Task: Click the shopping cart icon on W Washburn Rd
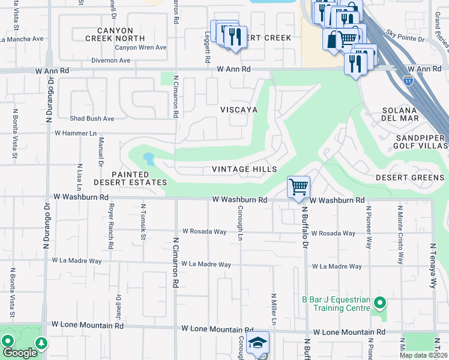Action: pos(298,186)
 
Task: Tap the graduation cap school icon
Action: pos(258,343)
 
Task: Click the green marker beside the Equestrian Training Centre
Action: pos(379,302)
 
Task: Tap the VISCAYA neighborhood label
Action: pos(238,110)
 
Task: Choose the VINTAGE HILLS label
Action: pos(244,169)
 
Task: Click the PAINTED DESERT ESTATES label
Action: pos(130,178)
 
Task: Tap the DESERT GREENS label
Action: pos(410,178)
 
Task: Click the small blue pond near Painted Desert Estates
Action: pos(148,159)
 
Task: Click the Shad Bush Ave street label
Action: pos(91,119)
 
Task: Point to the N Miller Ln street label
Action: pos(273,309)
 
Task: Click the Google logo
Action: pos(20,353)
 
